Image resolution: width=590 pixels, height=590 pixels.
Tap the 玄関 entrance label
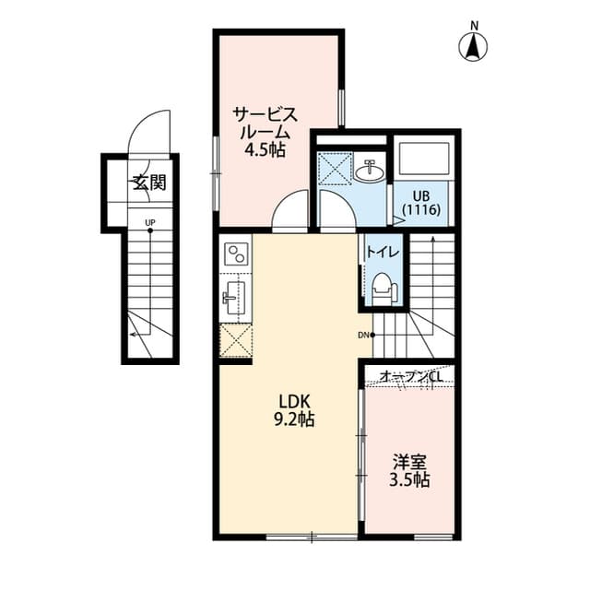[147, 182]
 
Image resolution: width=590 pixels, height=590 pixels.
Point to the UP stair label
[148, 222]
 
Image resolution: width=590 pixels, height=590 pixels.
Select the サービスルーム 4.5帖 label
[264, 130]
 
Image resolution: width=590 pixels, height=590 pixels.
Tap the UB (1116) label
[423, 202]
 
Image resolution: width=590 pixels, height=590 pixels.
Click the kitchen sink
[234, 297]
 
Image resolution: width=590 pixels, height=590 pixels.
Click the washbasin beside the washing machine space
[372, 170]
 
